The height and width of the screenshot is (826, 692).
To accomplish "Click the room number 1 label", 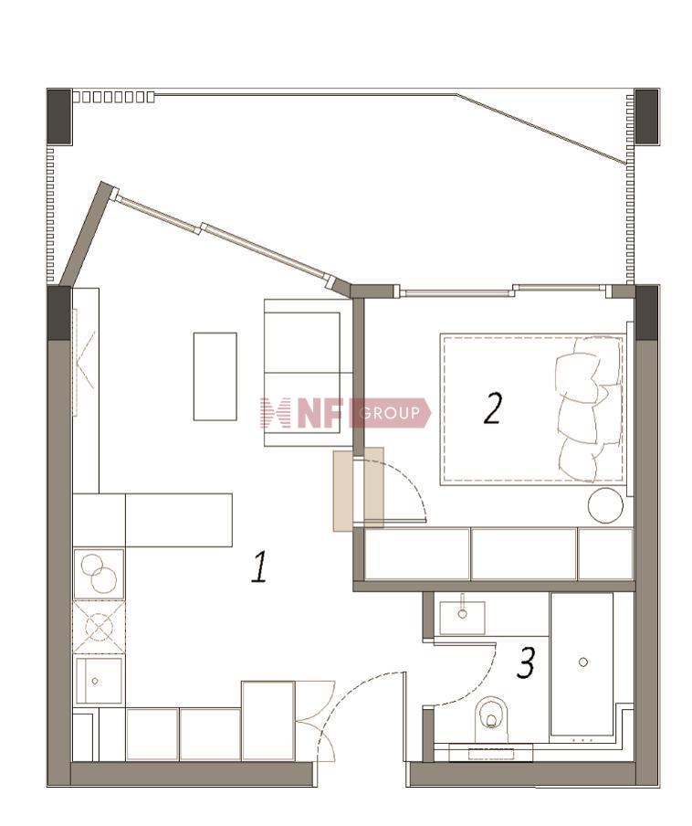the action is (x=260, y=567).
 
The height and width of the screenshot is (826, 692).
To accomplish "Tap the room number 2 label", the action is (x=493, y=408).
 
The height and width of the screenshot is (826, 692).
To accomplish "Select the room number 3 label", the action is (x=526, y=662).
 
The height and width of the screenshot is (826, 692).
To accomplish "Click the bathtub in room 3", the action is (x=582, y=664).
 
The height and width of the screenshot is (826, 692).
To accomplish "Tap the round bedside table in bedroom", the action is (x=605, y=505).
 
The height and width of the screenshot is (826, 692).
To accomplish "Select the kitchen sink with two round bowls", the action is (x=99, y=574).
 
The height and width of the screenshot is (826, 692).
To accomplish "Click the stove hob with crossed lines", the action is (x=99, y=627).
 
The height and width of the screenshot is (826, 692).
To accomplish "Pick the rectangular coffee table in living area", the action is (x=215, y=376).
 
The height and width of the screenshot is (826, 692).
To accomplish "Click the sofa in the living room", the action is (x=308, y=373).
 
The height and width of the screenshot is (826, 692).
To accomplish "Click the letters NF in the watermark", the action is (x=320, y=412).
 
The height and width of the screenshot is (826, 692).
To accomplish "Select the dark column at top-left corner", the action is (x=59, y=116).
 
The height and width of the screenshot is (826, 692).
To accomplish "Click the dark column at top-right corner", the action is (x=646, y=116).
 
